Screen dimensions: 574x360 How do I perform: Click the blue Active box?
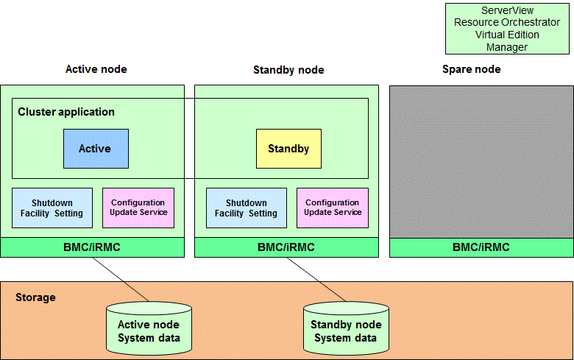point(96,149)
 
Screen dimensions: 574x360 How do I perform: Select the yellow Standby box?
point(288,149)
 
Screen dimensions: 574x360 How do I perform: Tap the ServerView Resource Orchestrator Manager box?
point(507,29)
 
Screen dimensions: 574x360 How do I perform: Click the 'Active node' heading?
point(96,69)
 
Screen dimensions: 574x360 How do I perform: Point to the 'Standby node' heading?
point(288,70)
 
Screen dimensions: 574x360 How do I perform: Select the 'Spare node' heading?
point(472,69)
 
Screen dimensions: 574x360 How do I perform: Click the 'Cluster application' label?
point(66,112)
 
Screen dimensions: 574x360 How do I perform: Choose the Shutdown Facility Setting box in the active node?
point(52,208)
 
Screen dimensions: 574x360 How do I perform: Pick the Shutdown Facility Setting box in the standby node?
point(247,208)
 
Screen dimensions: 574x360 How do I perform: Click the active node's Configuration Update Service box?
point(138,208)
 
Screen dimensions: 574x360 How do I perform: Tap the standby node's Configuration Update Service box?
point(333,208)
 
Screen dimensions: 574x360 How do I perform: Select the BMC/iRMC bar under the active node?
point(92,247)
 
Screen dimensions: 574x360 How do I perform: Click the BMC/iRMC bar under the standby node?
point(287,247)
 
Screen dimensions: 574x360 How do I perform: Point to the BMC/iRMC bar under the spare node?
point(481,247)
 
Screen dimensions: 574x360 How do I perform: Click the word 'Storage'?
point(35,297)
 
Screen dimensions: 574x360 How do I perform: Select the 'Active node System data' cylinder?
point(149,328)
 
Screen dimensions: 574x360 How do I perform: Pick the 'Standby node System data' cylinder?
point(346,328)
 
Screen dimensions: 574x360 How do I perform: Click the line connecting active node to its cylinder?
point(121,280)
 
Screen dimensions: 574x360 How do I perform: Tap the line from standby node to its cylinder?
point(316,280)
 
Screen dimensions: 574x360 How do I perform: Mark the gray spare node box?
point(481,162)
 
